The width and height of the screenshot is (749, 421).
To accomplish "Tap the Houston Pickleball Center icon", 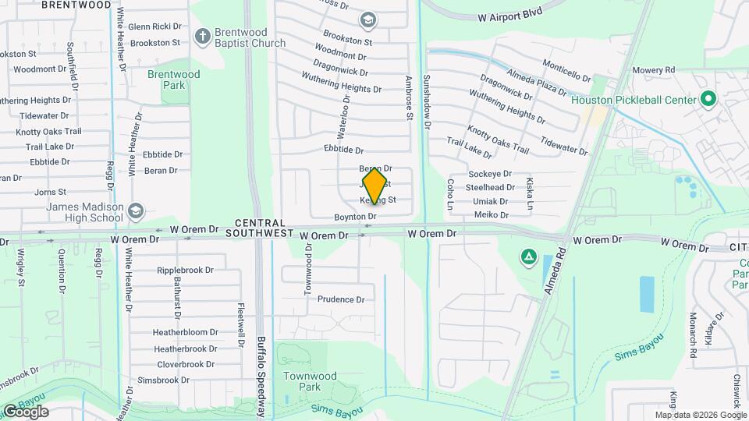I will (x=708, y=99).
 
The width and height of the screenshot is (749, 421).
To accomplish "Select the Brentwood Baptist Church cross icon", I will (x=202, y=36).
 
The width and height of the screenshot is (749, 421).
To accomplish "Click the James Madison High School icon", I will (x=136, y=210).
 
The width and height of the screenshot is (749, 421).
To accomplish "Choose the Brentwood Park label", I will (x=173, y=80).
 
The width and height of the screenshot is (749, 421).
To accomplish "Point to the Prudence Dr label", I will (x=341, y=299).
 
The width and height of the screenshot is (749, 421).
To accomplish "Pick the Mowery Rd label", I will (x=653, y=70).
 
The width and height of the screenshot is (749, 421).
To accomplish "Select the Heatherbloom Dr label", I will (x=185, y=332).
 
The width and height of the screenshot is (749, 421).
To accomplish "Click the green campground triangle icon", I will (x=528, y=256).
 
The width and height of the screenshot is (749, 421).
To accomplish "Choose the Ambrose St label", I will (x=408, y=98).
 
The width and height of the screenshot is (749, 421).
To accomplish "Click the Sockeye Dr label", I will (x=489, y=174).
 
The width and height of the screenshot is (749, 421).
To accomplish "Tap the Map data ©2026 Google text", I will (x=701, y=415).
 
